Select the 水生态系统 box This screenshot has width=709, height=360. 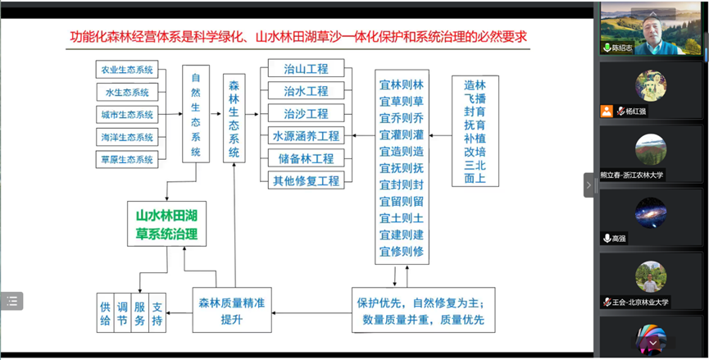[x=126, y=92]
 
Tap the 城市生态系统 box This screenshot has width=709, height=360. [x=126, y=115]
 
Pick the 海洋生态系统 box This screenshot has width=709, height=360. [x=126, y=137]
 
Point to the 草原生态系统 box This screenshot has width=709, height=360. [x=126, y=159]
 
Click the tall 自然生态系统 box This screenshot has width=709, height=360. [x=195, y=115]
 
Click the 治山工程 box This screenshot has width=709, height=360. [x=306, y=69]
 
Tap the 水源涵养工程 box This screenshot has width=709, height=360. [x=306, y=136]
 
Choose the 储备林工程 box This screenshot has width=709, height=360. [x=306, y=158]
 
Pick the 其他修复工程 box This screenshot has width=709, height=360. [x=306, y=180]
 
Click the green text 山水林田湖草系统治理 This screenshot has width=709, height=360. [x=166, y=226]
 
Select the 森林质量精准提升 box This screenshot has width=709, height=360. [x=231, y=310]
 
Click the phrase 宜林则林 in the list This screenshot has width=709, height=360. [x=402, y=84]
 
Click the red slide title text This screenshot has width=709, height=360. [x=298, y=37]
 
